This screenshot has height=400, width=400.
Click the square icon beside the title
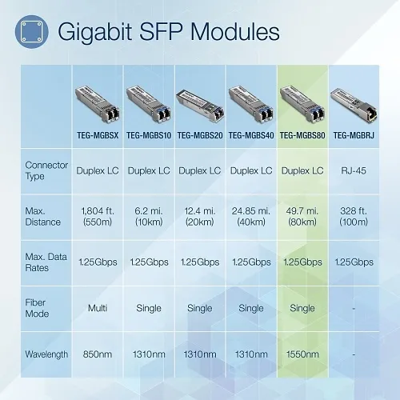click(33, 33)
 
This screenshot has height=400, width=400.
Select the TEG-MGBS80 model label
click(302, 134)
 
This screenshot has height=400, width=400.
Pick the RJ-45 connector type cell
click(353, 170)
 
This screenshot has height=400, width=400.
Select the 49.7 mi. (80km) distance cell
click(302, 216)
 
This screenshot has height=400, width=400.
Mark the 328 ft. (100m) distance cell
click(353, 216)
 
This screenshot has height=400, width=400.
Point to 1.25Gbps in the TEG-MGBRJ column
click(353, 262)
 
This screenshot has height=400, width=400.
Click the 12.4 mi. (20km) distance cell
click(198, 216)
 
